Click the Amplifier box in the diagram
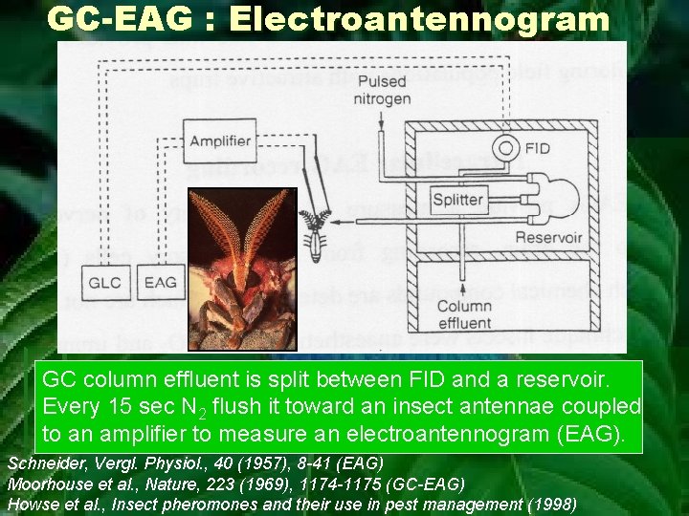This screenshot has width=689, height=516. pyautogui.click(x=220, y=141)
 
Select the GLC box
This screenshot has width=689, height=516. pyautogui.click(x=105, y=283)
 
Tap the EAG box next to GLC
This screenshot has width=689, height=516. pyautogui.click(x=159, y=283)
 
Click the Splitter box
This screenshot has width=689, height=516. pyautogui.click(x=458, y=200)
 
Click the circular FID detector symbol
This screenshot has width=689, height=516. pyautogui.click(x=504, y=149)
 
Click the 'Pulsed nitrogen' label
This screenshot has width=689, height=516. pyautogui.click(x=381, y=90)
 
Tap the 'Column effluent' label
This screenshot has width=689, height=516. pyautogui.click(x=464, y=315)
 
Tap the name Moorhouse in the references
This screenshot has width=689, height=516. pyautogui.click(x=47, y=484)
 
